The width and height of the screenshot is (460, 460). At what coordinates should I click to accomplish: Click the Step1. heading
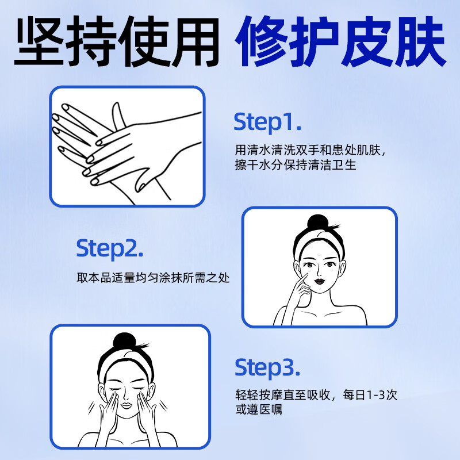(x=267, y=122)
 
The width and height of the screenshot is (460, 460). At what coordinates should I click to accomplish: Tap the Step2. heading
(x=110, y=248)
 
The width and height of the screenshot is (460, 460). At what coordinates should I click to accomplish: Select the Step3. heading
(x=267, y=366)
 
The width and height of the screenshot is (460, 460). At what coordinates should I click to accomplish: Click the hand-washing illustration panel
(x=127, y=146)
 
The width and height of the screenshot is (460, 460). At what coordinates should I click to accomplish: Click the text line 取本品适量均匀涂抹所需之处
(x=153, y=278)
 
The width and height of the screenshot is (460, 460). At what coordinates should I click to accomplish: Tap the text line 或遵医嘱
(x=258, y=411)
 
